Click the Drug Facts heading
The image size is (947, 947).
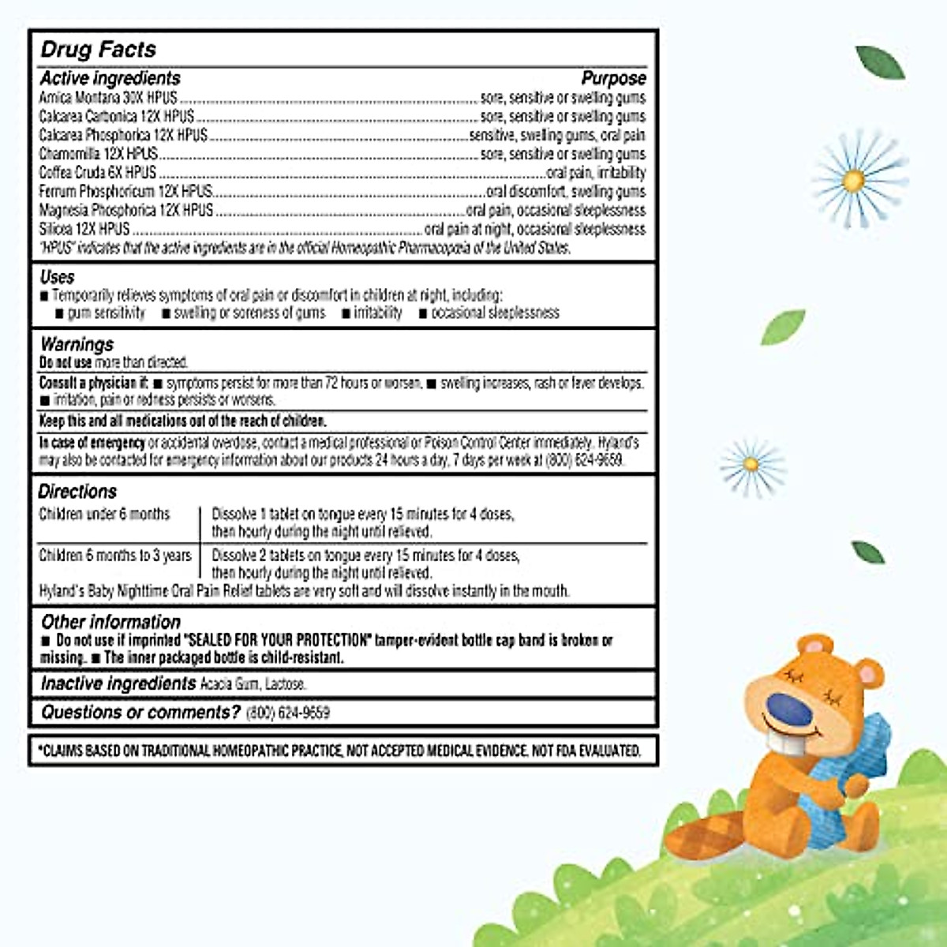(99, 50)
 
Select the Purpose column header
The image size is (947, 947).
(613, 78)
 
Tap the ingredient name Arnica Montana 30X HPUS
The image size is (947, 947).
(108, 98)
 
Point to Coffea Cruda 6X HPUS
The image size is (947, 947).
(98, 173)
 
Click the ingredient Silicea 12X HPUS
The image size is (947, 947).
(84, 229)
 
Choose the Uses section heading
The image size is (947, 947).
(57, 277)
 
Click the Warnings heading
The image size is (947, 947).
(77, 344)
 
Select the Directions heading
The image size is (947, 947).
(77, 492)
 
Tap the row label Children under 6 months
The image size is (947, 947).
(104, 515)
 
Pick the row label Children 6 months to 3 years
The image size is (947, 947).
(115, 556)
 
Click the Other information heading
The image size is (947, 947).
(110, 622)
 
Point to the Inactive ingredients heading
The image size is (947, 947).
(118, 683)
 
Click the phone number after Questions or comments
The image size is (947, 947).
(288, 713)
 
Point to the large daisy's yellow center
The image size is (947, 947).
(853, 181)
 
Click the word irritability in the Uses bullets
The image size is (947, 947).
(377, 313)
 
